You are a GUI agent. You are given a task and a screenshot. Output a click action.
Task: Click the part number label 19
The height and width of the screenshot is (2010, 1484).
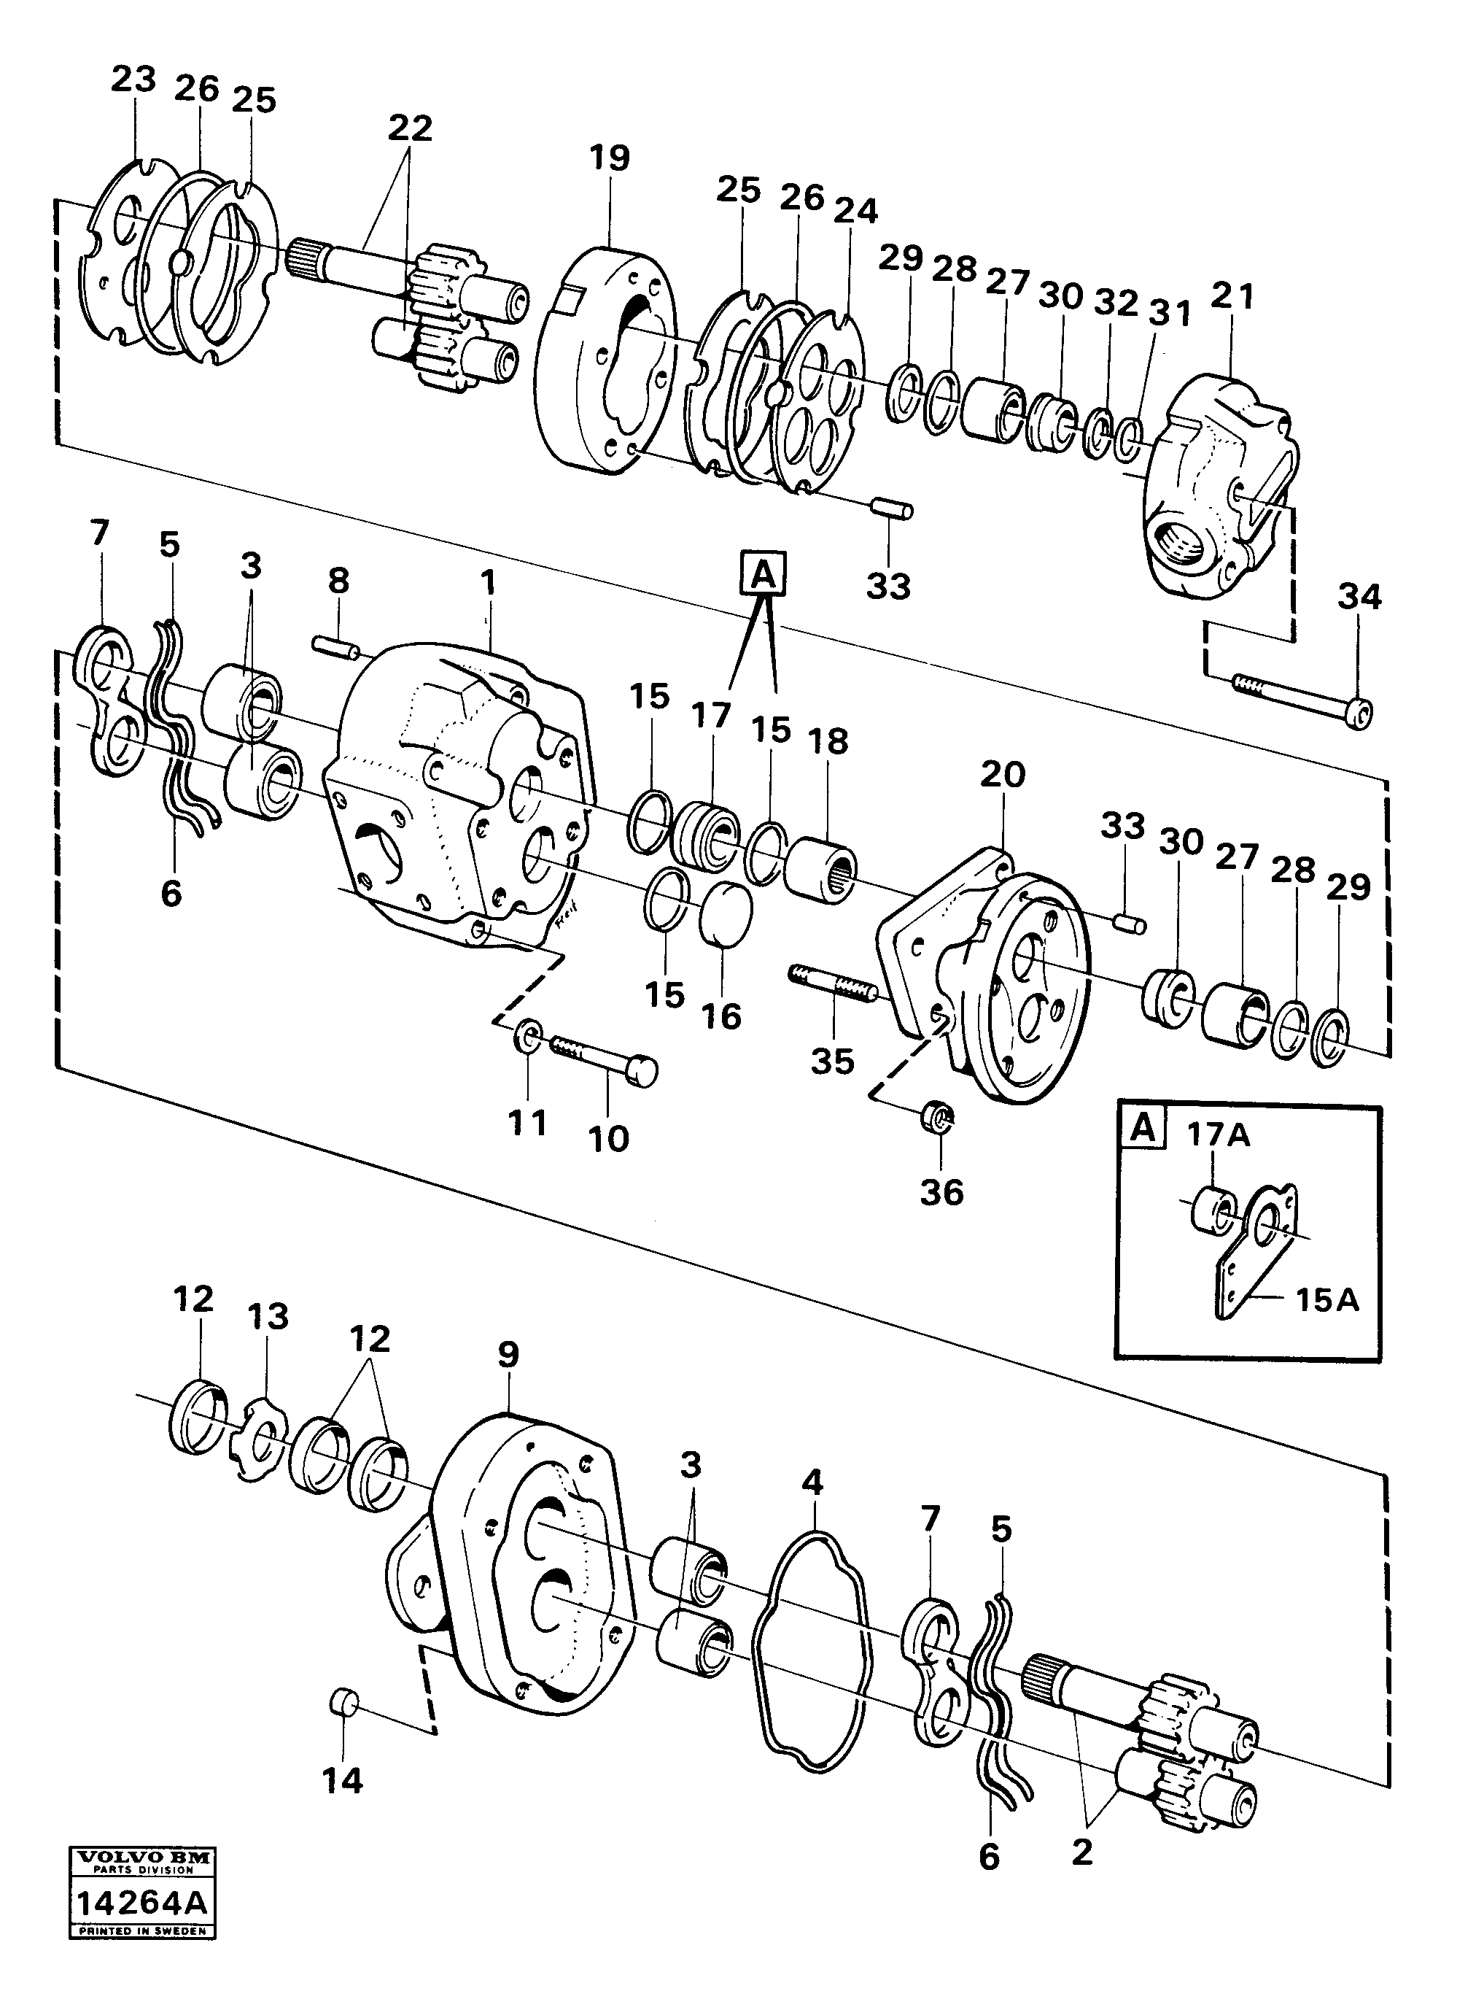(610, 158)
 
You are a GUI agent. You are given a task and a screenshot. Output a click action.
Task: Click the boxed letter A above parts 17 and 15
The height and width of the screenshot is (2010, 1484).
(763, 573)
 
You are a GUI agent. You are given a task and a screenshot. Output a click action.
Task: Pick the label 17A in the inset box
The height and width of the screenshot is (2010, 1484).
(1218, 1135)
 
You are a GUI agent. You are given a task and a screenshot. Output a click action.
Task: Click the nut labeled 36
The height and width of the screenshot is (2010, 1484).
(939, 1118)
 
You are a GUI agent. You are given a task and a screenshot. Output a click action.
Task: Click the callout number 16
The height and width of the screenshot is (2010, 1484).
(721, 1016)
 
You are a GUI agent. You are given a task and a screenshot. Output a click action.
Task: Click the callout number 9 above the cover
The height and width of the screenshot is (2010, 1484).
(508, 1353)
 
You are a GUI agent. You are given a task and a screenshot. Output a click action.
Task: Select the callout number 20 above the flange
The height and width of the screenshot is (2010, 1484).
(1003, 773)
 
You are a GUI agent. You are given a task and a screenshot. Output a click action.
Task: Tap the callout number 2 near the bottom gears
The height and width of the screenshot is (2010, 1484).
(1081, 1852)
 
